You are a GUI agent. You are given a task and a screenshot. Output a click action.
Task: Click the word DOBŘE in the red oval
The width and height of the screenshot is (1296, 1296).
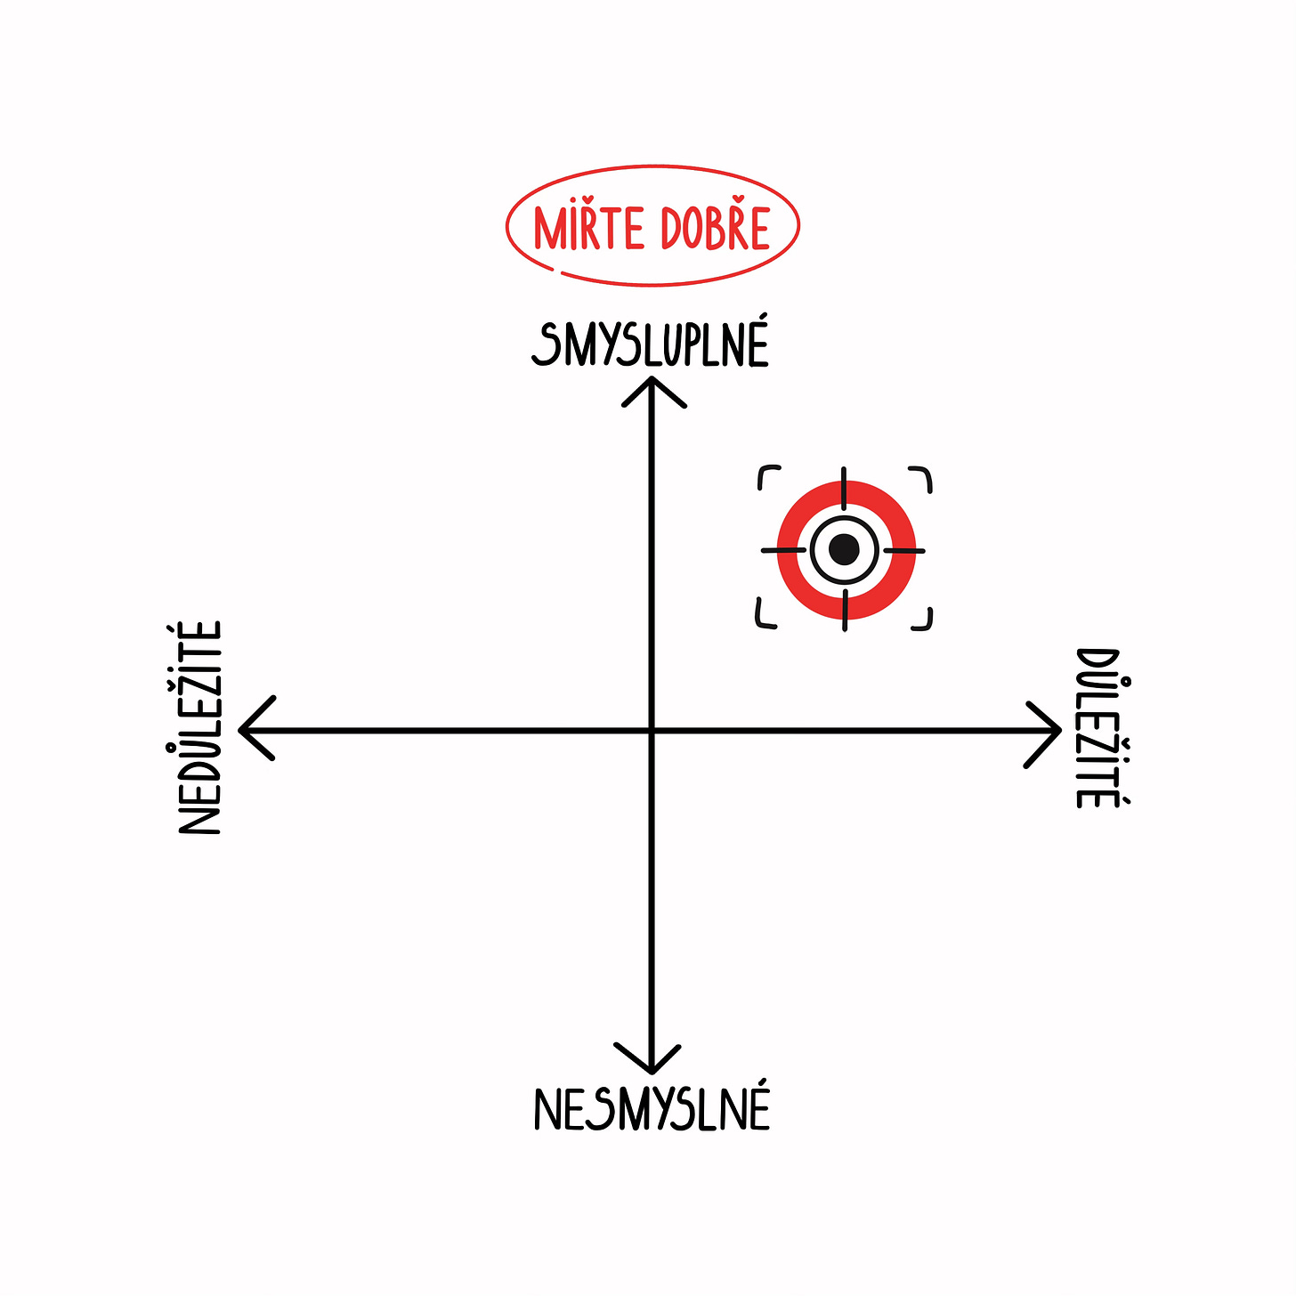pyautogui.click(x=715, y=229)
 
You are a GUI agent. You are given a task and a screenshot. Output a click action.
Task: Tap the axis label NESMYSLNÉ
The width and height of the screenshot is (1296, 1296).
pyautogui.click(x=652, y=1109)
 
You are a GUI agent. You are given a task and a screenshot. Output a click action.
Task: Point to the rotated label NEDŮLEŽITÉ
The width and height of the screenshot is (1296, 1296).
pyautogui.click(x=199, y=728)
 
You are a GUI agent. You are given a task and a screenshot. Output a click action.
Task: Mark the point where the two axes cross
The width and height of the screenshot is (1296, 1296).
pyautogui.click(x=652, y=731)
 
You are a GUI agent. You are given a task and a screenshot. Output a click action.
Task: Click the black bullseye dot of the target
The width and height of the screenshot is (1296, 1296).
pyautogui.click(x=844, y=550)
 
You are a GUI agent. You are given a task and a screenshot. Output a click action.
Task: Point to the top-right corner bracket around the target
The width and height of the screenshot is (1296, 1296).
pyautogui.click(x=923, y=477)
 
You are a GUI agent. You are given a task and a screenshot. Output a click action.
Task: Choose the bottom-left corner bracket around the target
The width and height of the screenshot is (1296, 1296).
pyautogui.click(x=765, y=618)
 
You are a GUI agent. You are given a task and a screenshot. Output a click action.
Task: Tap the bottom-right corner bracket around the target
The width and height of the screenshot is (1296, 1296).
pyautogui.click(x=923, y=620)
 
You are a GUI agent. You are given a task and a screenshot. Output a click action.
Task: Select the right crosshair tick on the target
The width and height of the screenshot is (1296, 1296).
pyautogui.click(x=905, y=551)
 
